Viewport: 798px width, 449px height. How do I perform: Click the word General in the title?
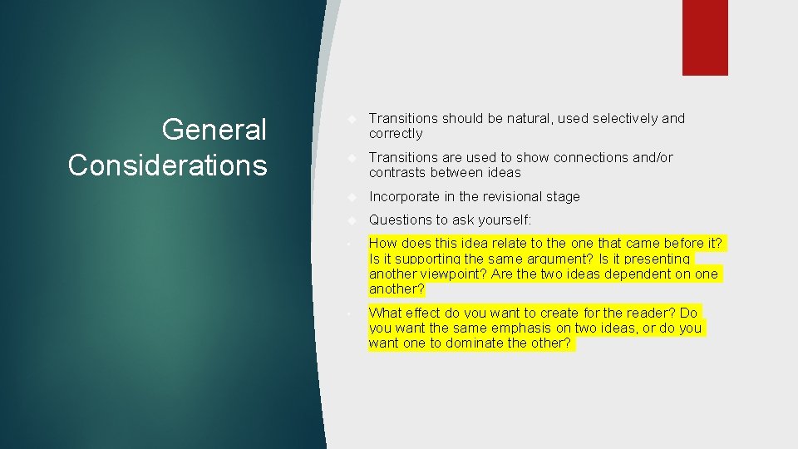click(214, 130)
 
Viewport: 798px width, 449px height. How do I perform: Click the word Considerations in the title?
click(168, 165)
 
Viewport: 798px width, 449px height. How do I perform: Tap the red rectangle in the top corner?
click(705, 37)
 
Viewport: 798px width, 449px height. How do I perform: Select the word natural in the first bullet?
click(529, 118)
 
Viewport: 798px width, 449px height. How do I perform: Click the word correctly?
click(396, 134)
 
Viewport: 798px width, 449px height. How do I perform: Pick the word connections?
click(594, 157)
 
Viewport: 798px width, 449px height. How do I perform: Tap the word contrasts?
click(398, 173)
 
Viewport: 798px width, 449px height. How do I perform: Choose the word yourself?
click(502, 220)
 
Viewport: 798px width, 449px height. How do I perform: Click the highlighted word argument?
click(531, 259)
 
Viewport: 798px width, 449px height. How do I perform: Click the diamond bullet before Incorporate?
click(352, 197)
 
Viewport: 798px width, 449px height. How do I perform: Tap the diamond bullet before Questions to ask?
click(352, 220)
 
